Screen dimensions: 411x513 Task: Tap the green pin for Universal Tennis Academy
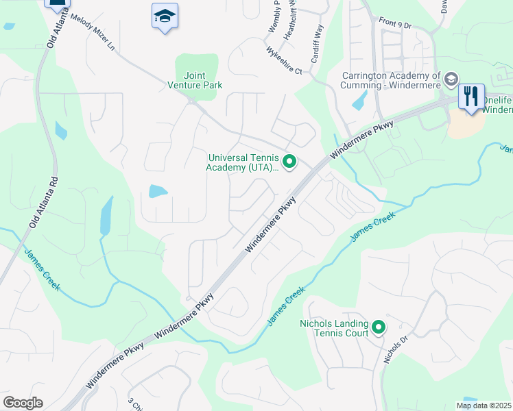click(289, 162)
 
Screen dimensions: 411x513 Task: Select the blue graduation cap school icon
click(165, 16)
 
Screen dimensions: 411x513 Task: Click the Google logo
click(23, 403)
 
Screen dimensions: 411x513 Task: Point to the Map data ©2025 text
click(484, 406)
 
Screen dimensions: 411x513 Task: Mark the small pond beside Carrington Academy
click(359, 100)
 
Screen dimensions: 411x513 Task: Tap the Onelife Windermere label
click(498, 105)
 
